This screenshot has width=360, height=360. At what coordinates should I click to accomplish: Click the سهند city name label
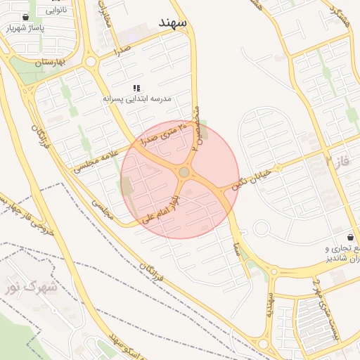pyautogui.click(x=173, y=23)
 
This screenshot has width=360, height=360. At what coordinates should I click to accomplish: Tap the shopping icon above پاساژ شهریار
pyautogui.click(x=26, y=18)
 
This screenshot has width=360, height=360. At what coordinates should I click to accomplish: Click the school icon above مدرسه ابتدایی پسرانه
pyautogui.click(x=137, y=89)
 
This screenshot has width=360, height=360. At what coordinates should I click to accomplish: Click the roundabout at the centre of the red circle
pyautogui.click(x=184, y=172)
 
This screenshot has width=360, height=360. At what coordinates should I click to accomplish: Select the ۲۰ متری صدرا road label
pyautogui.click(x=166, y=134)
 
